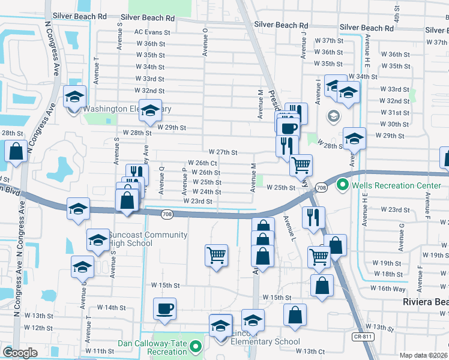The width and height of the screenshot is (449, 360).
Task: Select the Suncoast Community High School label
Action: tap(139, 238)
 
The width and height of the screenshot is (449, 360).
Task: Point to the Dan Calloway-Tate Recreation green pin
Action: tap(195, 346)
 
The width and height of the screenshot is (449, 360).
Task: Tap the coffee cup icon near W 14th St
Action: tap(164, 309)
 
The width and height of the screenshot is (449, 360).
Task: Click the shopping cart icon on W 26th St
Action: tap(301, 164)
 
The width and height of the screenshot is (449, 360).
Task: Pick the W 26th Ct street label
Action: tap(202, 163)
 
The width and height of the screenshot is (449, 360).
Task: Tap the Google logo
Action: tap(20, 353)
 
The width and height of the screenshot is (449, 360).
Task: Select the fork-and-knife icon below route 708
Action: tap(314, 218)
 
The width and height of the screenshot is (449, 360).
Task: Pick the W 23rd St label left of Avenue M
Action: tap(198, 201)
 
